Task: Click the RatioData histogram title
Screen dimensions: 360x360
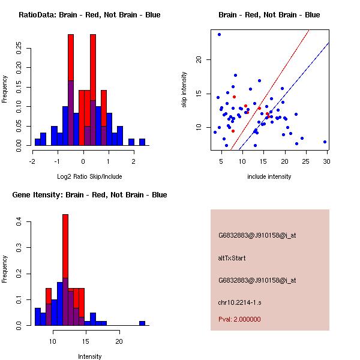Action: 89,15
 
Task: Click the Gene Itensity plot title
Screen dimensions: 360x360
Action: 89,195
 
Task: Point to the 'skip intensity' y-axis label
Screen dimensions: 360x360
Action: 185,89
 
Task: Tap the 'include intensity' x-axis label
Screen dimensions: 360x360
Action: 269,176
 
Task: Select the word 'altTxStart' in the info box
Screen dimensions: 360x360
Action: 232,258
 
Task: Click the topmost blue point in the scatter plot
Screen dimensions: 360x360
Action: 219,34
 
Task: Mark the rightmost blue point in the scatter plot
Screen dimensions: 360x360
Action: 325,142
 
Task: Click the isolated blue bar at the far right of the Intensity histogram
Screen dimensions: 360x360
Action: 142,323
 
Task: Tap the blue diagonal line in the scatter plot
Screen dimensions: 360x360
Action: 288,90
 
